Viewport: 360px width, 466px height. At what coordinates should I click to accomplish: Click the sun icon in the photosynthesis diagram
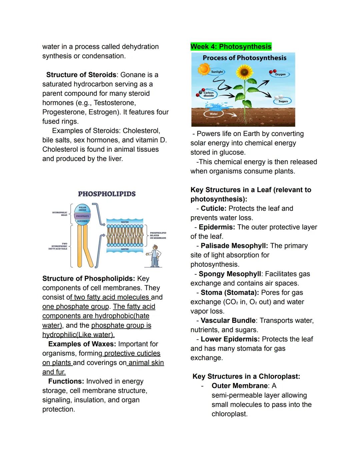click(x=203, y=69)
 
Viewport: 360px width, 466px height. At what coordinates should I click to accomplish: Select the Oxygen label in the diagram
click(x=280, y=74)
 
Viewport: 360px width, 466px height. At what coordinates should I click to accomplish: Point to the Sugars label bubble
click(x=283, y=101)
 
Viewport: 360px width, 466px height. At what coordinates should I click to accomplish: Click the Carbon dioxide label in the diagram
click(x=209, y=94)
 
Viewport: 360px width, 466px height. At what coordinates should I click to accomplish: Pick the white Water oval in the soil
click(x=214, y=114)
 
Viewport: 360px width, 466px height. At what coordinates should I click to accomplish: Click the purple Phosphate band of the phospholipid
click(x=82, y=216)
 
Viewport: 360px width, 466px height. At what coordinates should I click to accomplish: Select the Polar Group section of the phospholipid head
click(x=82, y=209)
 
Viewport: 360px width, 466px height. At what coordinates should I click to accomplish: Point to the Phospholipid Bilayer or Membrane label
click(x=158, y=235)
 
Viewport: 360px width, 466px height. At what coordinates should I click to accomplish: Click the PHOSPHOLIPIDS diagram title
click(x=107, y=194)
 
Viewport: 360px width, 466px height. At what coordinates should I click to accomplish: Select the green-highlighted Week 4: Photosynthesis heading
click(x=231, y=47)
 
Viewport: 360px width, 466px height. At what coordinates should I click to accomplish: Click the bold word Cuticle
click(x=213, y=208)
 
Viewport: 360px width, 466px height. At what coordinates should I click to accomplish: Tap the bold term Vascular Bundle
click(x=228, y=321)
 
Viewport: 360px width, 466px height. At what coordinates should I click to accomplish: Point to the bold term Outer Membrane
click(x=240, y=386)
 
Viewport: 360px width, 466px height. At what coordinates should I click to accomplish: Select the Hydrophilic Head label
click(x=60, y=214)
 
